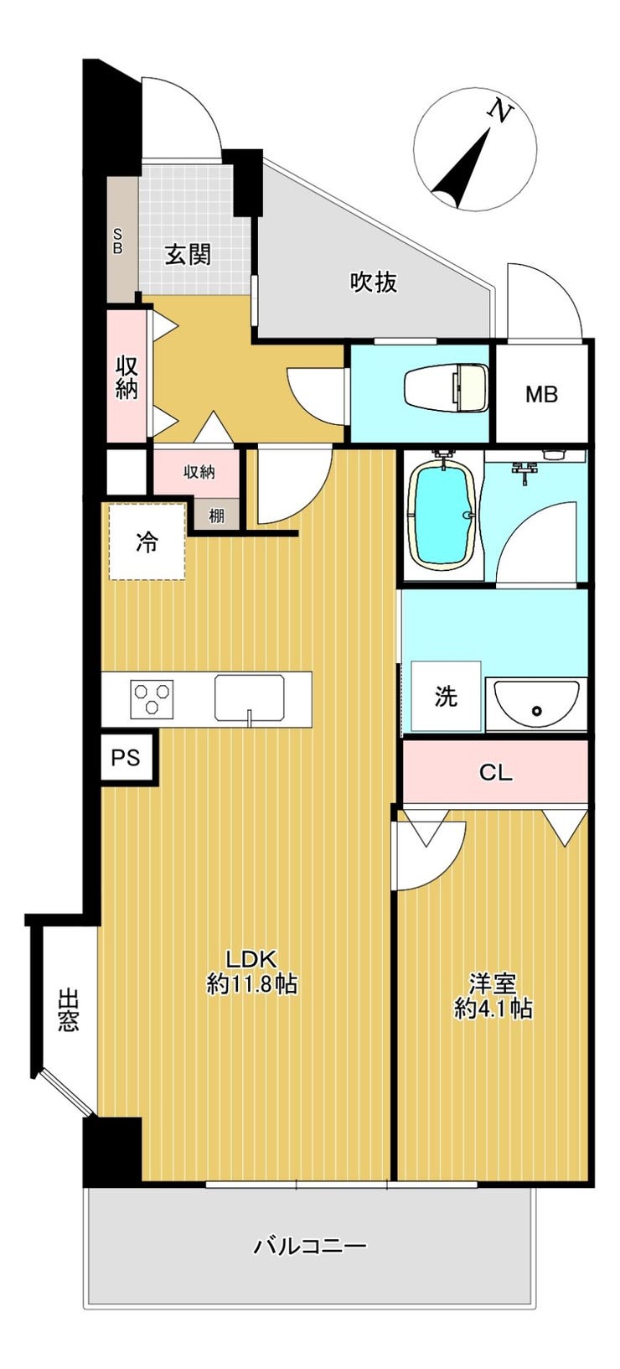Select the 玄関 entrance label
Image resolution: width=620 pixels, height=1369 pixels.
(x=189, y=254)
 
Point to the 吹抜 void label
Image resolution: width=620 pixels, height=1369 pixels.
(x=373, y=282)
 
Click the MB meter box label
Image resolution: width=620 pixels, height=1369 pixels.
(x=542, y=395)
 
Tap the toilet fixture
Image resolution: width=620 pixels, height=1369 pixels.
(x=446, y=386)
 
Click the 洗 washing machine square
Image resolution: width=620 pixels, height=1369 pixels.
(x=446, y=696)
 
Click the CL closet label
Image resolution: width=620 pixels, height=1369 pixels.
(x=495, y=772)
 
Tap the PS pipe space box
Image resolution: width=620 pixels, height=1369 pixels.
(x=127, y=758)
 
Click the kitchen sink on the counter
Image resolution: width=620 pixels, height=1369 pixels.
(x=249, y=697)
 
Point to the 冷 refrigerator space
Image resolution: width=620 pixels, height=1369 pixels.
(x=147, y=542)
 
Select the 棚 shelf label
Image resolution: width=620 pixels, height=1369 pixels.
(x=216, y=516)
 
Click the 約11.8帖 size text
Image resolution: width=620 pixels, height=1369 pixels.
(x=251, y=984)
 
